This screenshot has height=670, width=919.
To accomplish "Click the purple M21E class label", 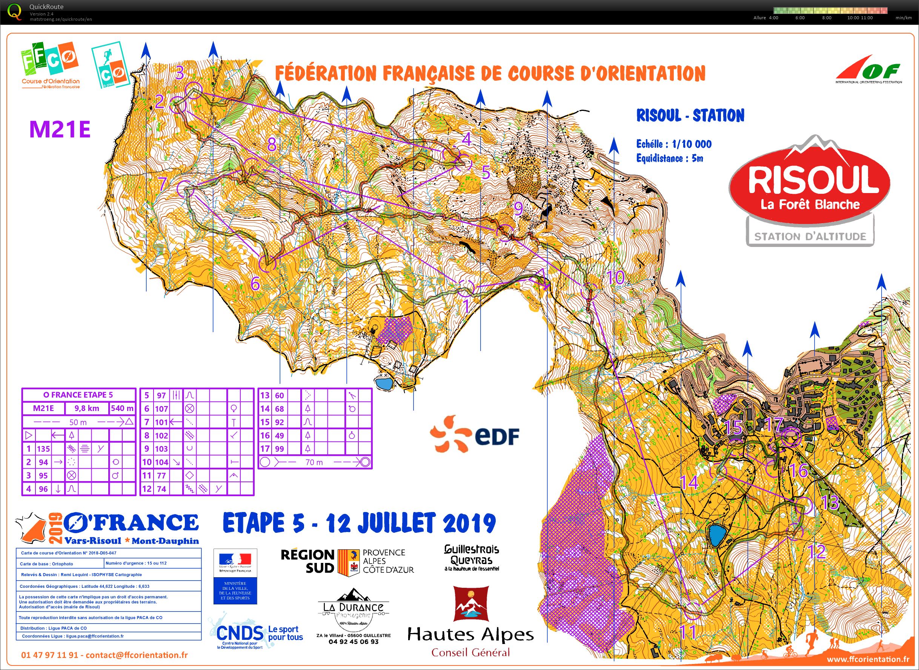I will pyautogui.click(x=60, y=130).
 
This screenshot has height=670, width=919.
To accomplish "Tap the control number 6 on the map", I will pyautogui.click(x=255, y=284).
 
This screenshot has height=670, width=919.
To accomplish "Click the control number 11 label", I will pyautogui.click(x=688, y=632).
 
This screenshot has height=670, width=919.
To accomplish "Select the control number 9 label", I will pyautogui.click(x=518, y=209).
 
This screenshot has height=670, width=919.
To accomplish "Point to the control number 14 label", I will pyautogui.click(x=689, y=483).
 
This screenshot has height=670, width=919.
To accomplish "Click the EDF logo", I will pyautogui.click(x=475, y=435).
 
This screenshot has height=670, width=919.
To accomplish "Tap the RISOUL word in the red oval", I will pyautogui.click(x=813, y=180).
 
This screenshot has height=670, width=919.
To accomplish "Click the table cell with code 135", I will pyautogui.click(x=43, y=449).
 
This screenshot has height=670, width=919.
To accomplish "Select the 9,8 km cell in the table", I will pyautogui.click(x=86, y=408).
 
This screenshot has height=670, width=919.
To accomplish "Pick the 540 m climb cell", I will pyautogui.click(x=122, y=408).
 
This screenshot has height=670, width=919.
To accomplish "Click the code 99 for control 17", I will pyautogui.click(x=279, y=449).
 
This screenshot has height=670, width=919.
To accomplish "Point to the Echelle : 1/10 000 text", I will pyautogui.click(x=673, y=144).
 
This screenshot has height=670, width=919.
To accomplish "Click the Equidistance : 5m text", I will pyautogui.click(x=670, y=158).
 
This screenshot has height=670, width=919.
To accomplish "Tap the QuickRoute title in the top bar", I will pyautogui.click(x=46, y=7).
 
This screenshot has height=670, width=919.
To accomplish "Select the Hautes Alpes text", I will pyautogui.click(x=470, y=634).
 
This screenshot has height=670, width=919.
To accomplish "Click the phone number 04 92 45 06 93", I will pyautogui.click(x=353, y=642).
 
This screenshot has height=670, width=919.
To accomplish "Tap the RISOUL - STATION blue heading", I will pyautogui.click(x=690, y=116).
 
